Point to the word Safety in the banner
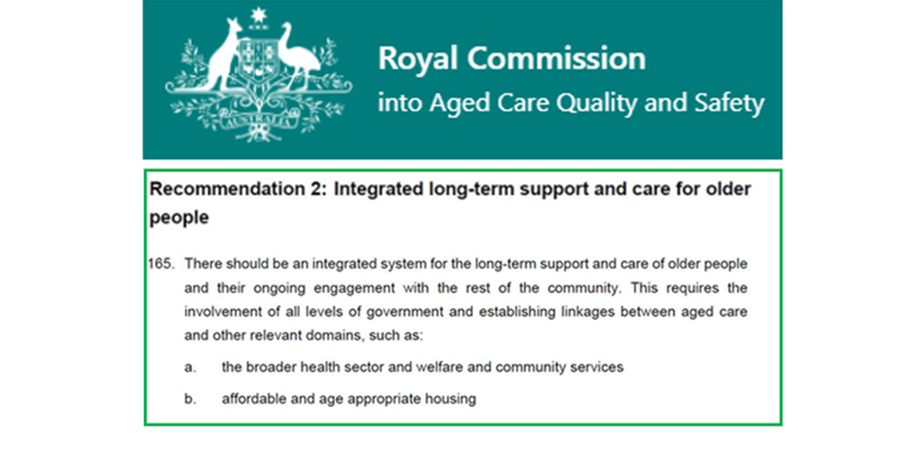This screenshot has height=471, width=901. (x=726, y=103)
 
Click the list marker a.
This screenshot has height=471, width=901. (x=190, y=367)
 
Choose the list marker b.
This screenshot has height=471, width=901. (x=190, y=398)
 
